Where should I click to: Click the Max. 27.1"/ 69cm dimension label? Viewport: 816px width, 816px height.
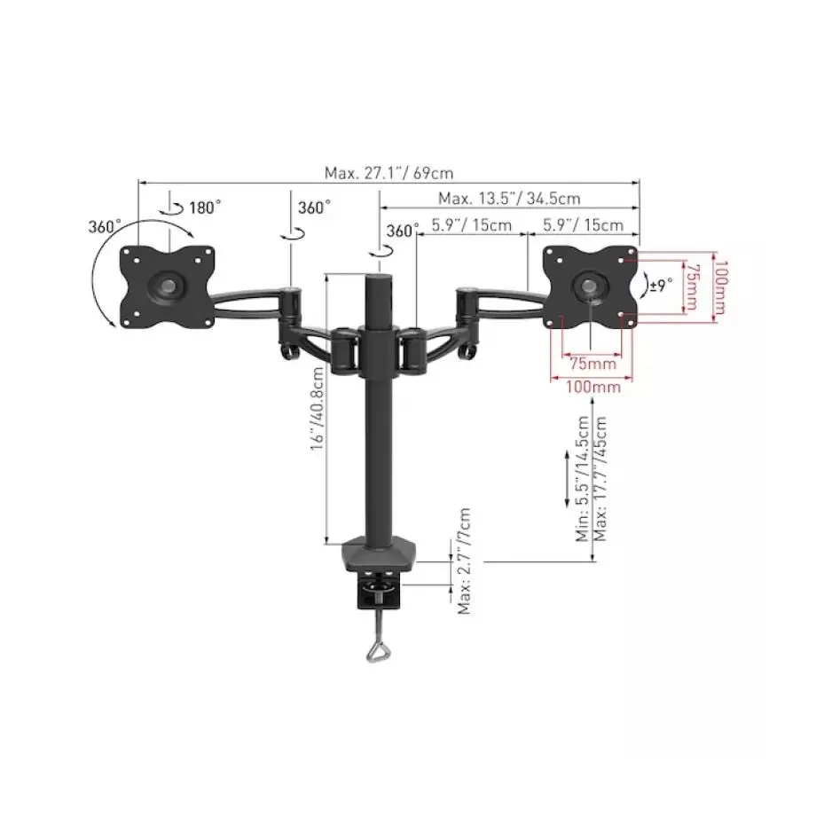(x=388, y=174)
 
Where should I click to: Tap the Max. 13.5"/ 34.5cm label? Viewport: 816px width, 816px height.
(x=509, y=199)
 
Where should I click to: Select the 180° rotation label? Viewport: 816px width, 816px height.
(x=205, y=208)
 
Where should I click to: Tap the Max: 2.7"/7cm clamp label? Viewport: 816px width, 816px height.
(x=465, y=561)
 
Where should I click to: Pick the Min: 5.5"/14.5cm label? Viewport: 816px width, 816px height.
(x=583, y=479)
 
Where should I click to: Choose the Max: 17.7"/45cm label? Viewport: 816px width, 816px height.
(x=601, y=479)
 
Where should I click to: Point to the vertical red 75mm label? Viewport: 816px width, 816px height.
(x=696, y=286)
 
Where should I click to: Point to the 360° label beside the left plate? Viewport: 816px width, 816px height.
(x=105, y=226)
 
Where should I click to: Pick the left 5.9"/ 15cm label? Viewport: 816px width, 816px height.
(x=471, y=225)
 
